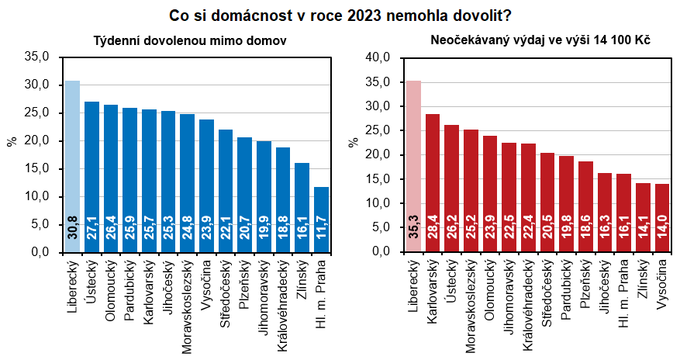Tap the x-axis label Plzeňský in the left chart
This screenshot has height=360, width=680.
pos(245,287)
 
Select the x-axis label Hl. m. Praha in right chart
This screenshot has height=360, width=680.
pos(623,294)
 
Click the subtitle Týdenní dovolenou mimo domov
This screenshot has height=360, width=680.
pos(185,40)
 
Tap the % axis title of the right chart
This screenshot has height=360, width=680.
pos(354,143)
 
